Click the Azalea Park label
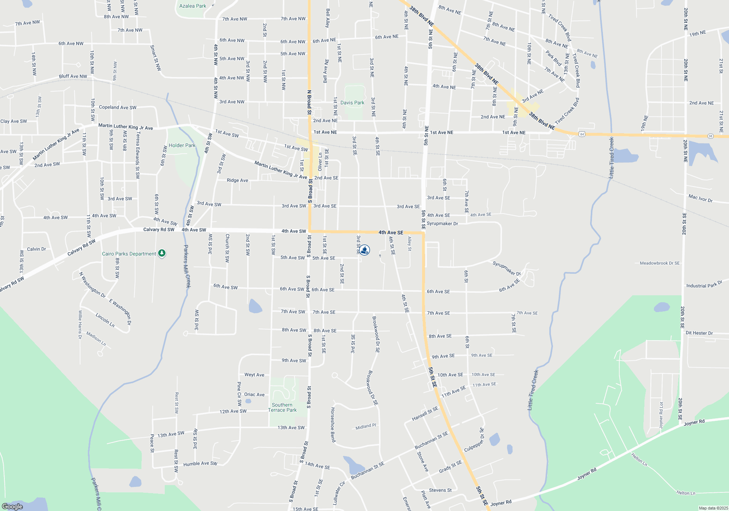192,6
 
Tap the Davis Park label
352,103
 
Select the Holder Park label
182,145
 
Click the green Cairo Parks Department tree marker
162,253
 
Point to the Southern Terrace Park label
282,407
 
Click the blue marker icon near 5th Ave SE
364,250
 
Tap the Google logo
12,506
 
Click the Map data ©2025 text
713,508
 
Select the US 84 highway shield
582,134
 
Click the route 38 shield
710,136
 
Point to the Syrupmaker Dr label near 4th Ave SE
442,223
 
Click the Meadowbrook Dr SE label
659,263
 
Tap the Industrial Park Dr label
704,284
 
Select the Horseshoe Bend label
333,425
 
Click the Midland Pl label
366,426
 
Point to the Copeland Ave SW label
117,107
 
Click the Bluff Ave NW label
73,76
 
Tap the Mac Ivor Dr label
700,198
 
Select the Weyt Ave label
254,375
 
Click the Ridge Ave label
237,180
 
